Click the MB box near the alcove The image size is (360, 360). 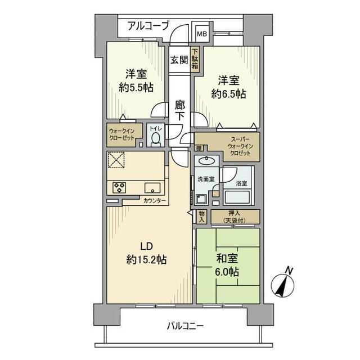click(201, 33)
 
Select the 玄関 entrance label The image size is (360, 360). click(179, 59)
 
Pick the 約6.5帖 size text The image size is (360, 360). click(228, 93)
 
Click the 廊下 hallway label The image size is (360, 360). click(180, 110)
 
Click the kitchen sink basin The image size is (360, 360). click(152, 188)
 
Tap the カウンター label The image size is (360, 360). click(154, 200)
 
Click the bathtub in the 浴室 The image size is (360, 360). click(239, 197)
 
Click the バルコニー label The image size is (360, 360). click(185, 325)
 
